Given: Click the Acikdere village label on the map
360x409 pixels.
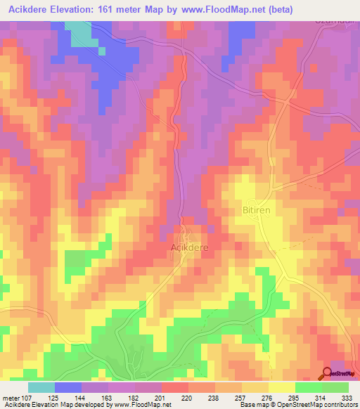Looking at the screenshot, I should [190, 247].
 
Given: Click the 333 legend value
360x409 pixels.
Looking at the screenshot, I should [346, 398].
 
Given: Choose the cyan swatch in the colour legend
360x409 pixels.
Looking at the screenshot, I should [41, 387].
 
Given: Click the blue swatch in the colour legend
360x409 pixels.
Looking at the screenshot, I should [68, 387].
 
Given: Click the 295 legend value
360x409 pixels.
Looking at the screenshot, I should [293, 398].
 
